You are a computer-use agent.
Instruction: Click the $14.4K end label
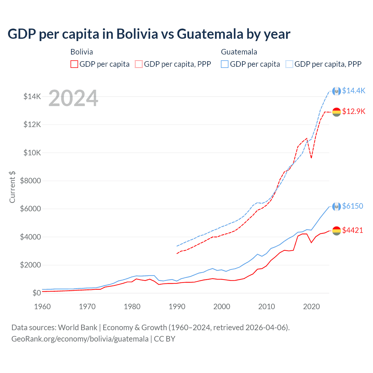[353, 91]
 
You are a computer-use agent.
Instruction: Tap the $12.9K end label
[353, 111]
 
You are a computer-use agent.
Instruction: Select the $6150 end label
[353, 206]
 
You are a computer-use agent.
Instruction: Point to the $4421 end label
[353, 230]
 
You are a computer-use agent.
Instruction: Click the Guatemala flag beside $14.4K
[337, 91]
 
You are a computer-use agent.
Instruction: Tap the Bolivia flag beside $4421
[337, 231]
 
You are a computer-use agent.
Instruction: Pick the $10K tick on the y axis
[32, 153]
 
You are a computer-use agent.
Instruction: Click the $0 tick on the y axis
[36, 293]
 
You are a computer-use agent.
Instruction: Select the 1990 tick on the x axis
[177, 307]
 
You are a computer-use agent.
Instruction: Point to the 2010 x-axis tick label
[267, 307]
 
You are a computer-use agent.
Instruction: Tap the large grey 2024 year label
[73, 98]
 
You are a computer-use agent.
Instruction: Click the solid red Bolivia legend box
[74, 64]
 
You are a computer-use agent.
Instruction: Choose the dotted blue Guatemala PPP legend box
[289, 64]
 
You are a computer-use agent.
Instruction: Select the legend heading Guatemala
[239, 52]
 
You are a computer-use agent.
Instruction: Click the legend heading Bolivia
[82, 52]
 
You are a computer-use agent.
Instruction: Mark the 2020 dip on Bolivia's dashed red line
[312, 158]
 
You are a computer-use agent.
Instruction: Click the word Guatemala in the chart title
[210, 34]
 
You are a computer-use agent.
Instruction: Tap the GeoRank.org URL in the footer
[80, 339]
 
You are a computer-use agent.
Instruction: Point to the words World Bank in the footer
[78, 328]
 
